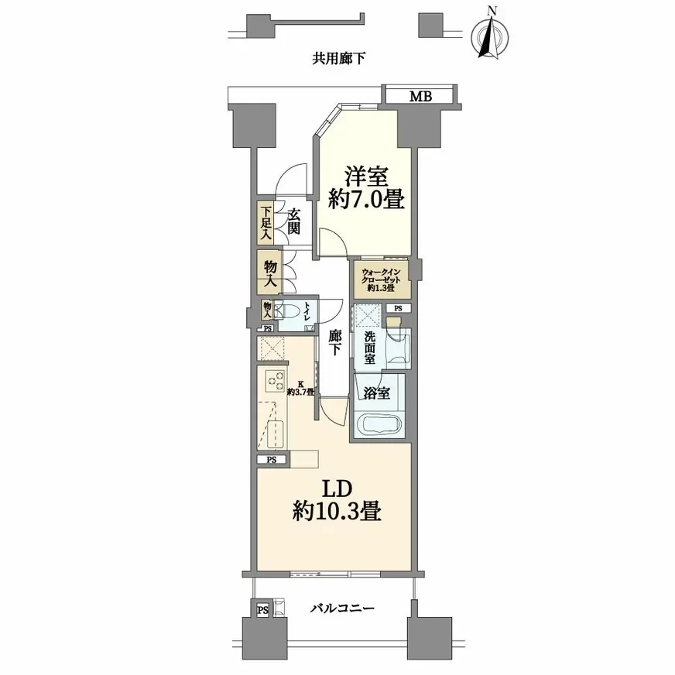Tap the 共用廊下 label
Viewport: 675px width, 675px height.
coord(339,59)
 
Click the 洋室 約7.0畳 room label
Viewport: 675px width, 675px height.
coord(366,187)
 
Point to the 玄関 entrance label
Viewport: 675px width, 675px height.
coord(293,221)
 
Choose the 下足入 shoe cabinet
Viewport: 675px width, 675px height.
coord(266,224)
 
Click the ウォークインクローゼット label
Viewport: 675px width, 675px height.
coord(382,279)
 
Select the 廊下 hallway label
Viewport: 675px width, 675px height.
coord(334,343)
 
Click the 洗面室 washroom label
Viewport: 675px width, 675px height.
coord(369,348)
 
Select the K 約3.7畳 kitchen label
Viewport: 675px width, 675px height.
coord(301,388)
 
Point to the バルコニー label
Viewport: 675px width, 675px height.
coord(343,608)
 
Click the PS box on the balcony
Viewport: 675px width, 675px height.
coord(263,609)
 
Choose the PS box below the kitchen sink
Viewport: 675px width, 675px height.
coord(272,459)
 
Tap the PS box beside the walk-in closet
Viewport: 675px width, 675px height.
coord(398,308)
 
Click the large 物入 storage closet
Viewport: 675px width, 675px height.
coord(270,273)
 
